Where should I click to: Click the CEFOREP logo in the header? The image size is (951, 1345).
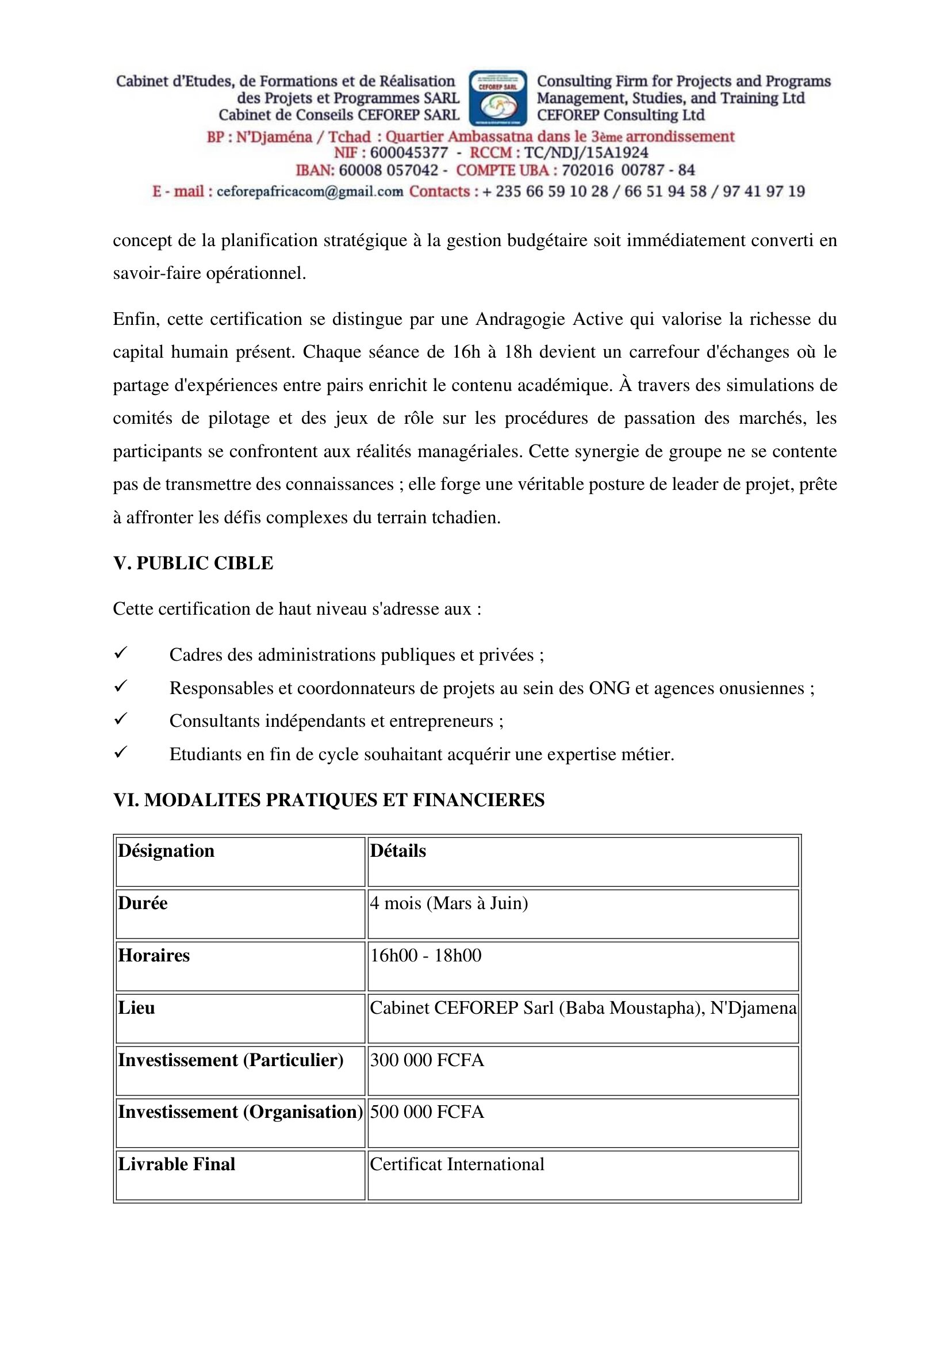coord(498,98)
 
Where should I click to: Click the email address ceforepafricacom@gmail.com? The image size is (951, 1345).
coord(310,191)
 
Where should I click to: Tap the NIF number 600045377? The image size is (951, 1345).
coord(409,153)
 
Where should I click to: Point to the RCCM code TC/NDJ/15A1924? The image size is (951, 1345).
coord(586,153)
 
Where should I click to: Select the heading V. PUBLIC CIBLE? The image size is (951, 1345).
coord(193,563)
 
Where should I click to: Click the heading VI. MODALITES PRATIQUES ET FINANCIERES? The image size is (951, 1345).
coord(328,800)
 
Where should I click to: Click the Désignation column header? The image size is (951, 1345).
coord(166,850)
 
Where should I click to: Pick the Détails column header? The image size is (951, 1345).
coord(398,850)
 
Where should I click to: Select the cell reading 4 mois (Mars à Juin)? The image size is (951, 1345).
coord(449,903)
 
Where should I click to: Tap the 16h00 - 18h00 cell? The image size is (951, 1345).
coord(425,956)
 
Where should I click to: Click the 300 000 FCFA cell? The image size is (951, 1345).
coord(427,1060)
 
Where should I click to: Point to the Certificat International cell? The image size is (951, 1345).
coord(457,1164)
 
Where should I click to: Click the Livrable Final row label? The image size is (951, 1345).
coord(177,1164)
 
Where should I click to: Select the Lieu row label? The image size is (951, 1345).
coord(136,1007)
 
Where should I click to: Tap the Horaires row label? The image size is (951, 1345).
coord(154,956)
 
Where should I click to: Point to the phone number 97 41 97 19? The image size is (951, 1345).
coord(764,191)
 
